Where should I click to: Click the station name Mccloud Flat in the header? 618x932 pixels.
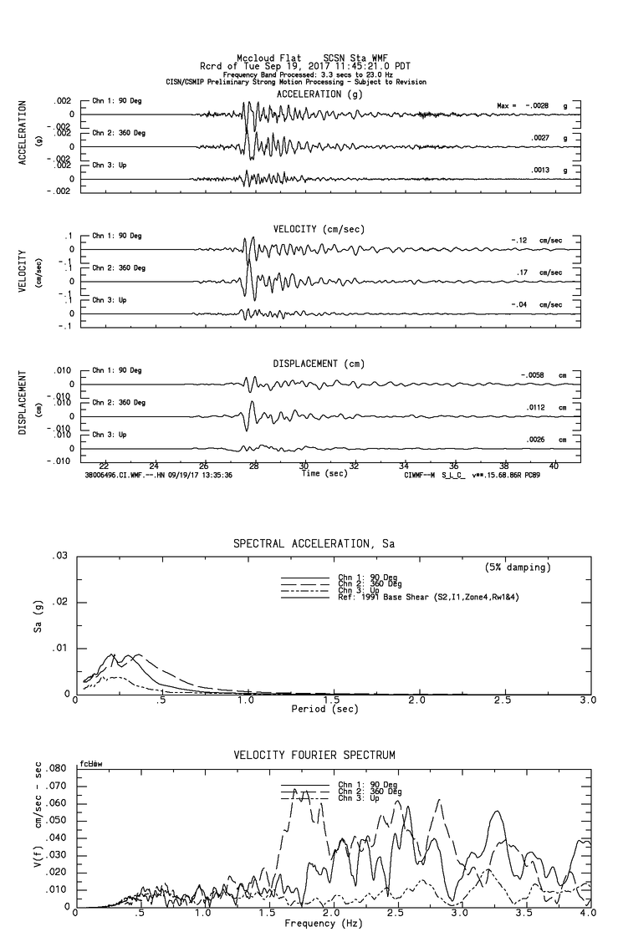tap(263, 59)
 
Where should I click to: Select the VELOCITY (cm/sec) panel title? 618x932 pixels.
tap(319, 229)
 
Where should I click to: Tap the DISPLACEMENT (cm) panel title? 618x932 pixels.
tap(316, 364)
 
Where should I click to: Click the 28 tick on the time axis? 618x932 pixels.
tap(254, 466)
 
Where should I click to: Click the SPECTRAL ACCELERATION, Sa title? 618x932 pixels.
tap(314, 544)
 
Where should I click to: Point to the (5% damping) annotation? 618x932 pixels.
tap(518, 568)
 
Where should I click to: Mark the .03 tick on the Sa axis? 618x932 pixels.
tap(60, 556)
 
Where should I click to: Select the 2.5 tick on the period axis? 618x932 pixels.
tap(503, 699)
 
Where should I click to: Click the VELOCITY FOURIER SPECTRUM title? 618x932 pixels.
tap(314, 756)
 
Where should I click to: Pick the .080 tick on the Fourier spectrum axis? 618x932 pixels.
tap(55, 768)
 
